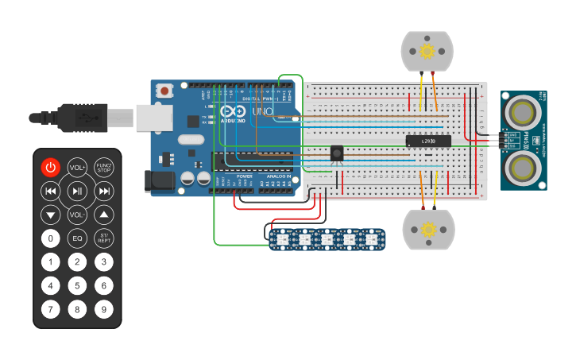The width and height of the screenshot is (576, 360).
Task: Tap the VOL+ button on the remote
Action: [x=77, y=167]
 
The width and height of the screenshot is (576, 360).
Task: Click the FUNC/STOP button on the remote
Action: [x=103, y=167]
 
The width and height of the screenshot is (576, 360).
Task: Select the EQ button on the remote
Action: [x=77, y=238]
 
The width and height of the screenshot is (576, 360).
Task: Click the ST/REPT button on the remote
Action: [x=103, y=238]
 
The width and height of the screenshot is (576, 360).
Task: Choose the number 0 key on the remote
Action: [x=51, y=238]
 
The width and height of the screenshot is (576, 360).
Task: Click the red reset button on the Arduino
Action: [x=164, y=91]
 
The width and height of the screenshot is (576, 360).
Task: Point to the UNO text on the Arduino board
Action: [x=262, y=112]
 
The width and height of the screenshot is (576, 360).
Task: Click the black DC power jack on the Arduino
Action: [x=159, y=181]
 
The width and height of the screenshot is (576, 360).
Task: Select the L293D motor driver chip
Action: [x=428, y=141]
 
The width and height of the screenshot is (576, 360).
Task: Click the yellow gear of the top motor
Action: [x=427, y=52]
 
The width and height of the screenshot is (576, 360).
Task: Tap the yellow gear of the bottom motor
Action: [x=428, y=230]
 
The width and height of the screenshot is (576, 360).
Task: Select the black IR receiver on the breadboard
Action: [x=336, y=153]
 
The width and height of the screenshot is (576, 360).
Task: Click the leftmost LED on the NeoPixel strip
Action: [x=281, y=238]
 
